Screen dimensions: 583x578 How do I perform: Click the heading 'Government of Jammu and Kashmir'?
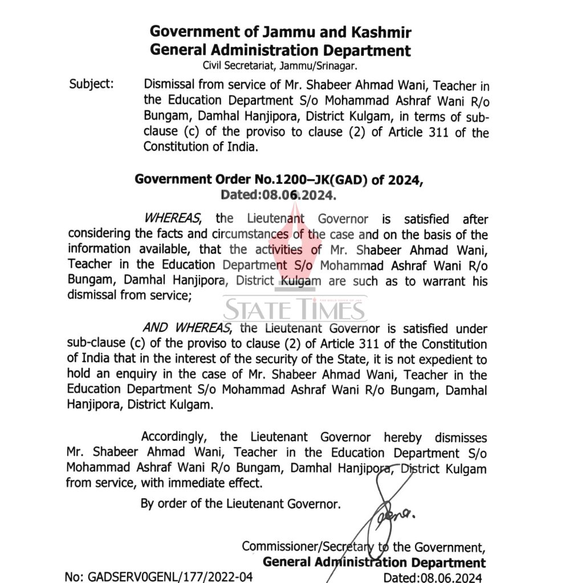[x=280, y=32]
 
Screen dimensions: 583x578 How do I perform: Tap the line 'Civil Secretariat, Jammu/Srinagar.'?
[x=280, y=66]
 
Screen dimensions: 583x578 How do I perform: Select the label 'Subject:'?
[x=91, y=84]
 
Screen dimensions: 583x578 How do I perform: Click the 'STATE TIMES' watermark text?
[x=294, y=310]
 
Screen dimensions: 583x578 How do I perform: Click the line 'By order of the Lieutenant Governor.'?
[x=241, y=504]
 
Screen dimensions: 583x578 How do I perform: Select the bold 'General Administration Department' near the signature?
[x=375, y=563]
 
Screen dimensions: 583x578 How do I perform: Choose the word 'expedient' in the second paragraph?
[x=435, y=360]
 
